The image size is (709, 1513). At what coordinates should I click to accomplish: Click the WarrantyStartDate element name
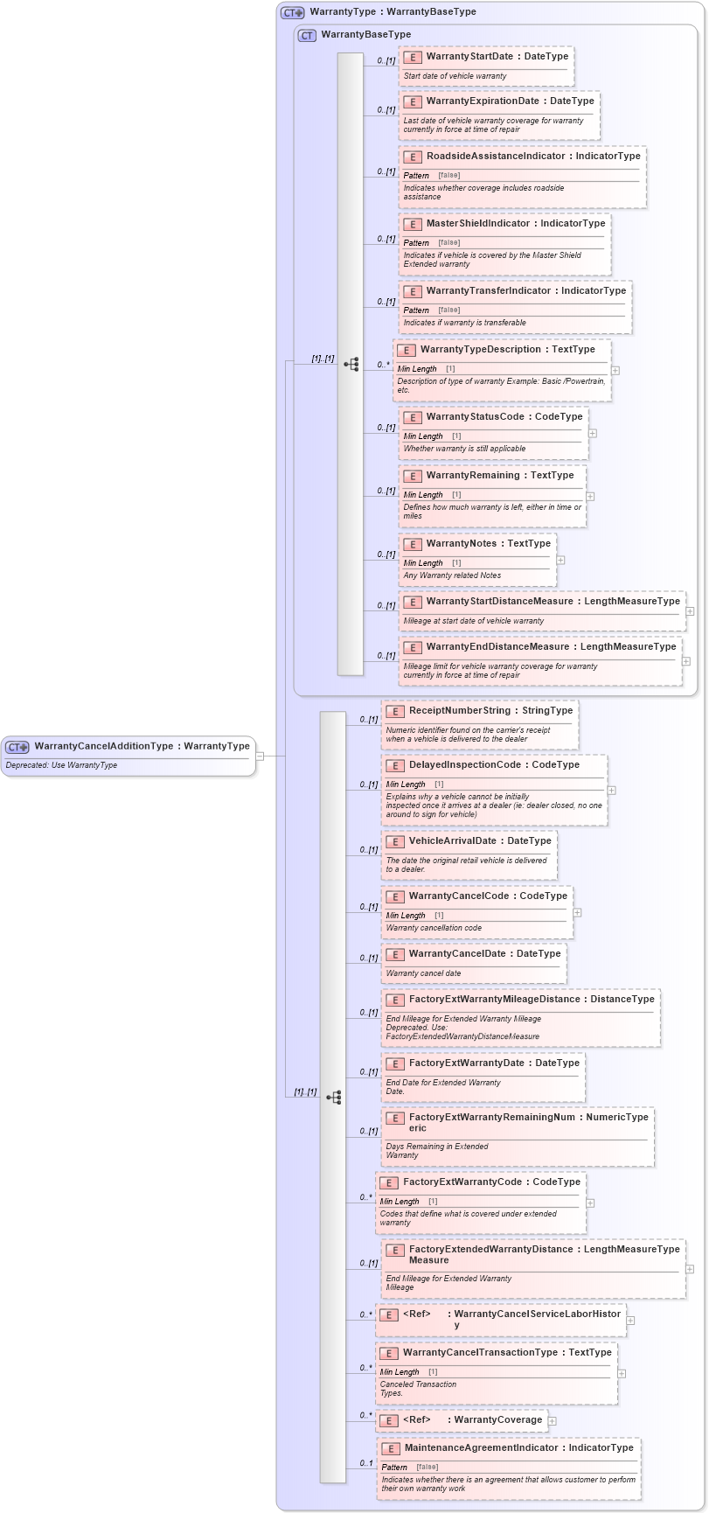(x=469, y=57)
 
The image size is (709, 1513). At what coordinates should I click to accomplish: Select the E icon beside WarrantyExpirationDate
(x=413, y=102)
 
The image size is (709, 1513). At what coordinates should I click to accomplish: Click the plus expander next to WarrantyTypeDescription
(x=615, y=370)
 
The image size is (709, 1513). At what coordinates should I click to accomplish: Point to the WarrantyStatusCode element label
(x=480, y=417)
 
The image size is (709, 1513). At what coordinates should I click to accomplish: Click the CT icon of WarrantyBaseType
(x=307, y=36)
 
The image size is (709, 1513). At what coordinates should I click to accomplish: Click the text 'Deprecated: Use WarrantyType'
(x=61, y=766)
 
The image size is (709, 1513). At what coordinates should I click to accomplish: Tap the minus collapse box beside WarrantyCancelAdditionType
(x=260, y=756)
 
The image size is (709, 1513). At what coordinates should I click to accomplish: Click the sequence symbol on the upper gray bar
(x=351, y=364)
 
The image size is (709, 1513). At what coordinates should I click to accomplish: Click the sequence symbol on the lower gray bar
(x=333, y=1097)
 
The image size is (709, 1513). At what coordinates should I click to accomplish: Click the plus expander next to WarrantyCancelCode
(x=577, y=912)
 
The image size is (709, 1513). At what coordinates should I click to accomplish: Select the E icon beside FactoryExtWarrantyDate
(x=395, y=1064)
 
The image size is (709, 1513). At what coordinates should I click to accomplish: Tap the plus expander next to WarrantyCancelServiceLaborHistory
(x=630, y=1321)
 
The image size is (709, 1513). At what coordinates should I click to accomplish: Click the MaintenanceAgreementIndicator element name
(x=481, y=1448)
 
